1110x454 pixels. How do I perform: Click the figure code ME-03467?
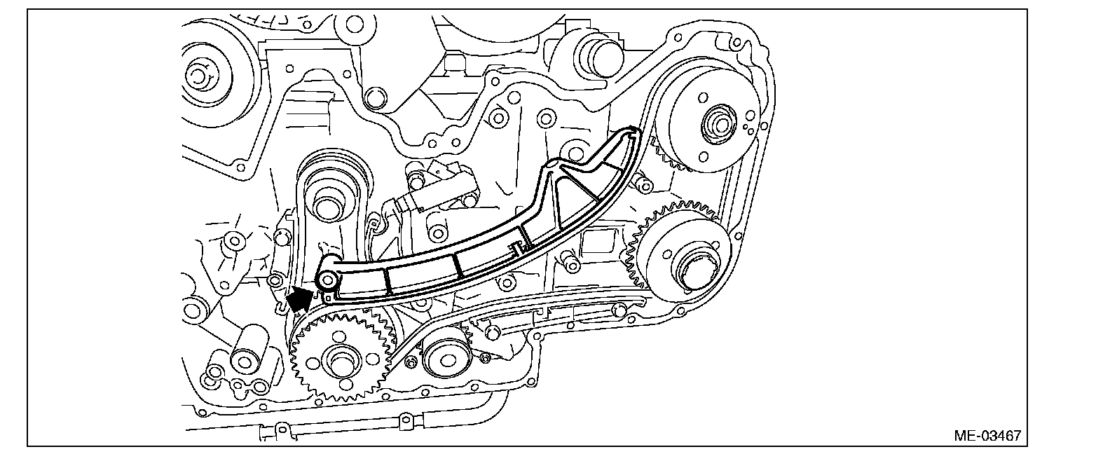click(x=987, y=435)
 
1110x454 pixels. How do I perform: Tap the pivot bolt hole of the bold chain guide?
click(x=327, y=280)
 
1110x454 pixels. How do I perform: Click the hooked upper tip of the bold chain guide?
click(x=631, y=131)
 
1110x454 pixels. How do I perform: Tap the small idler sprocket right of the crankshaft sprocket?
click(x=446, y=359)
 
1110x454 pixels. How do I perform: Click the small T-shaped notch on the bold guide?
click(x=516, y=247)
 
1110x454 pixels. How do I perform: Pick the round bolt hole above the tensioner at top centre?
click(x=376, y=97)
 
